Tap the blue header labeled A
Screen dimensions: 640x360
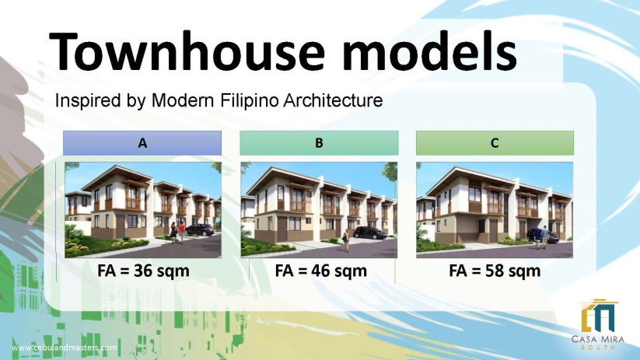tap(142, 143)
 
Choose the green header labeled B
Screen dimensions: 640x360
tap(319, 143)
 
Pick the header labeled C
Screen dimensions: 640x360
tap(495, 143)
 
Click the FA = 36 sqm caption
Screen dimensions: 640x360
tap(143, 271)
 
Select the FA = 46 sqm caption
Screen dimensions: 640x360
tap(321, 271)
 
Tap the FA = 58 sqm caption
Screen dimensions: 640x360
tap(495, 271)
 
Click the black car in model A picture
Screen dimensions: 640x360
tap(200, 230)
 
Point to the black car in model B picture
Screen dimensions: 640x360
tap(370, 232)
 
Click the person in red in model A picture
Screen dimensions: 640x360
tap(182, 232)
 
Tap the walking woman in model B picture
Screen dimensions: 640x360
tap(346, 240)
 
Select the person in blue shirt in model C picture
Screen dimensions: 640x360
tap(544, 236)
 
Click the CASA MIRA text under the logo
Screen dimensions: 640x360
tap(598, 339)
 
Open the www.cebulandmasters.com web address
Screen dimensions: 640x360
tap(64, 348)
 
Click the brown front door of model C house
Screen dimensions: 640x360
tap(494, 231)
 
